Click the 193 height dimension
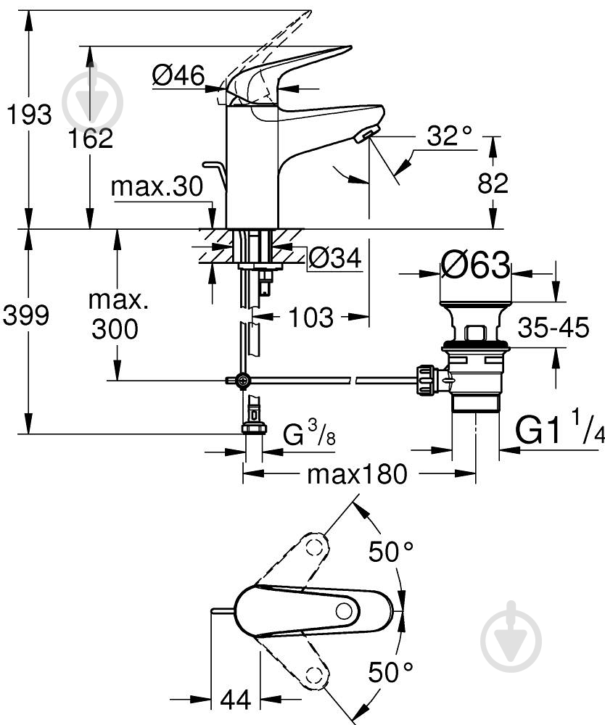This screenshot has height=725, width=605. point(28,115)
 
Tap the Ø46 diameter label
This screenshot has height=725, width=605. point(178,75)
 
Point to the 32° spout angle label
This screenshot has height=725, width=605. point(448,135)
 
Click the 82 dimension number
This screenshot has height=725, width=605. point(493,184)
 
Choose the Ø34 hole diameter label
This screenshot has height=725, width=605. point(334,257)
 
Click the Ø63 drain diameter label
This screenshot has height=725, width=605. point(475,266)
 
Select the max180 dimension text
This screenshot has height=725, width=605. point(356,475)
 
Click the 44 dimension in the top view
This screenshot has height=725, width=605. point(235,700)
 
